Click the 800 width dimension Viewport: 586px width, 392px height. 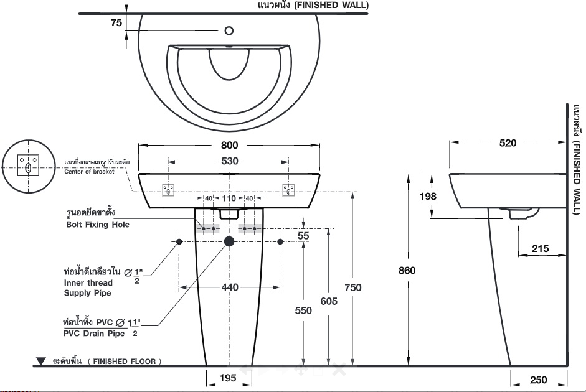[x=229, y=145]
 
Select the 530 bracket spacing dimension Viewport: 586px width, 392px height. [x=229, y=161]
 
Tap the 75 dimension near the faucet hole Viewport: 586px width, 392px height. [x=116, y=23]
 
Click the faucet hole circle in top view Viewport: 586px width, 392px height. [x=229, y=30]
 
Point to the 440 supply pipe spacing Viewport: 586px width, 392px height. [x=230, y=287]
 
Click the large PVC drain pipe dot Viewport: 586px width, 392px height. [x=229, y=241]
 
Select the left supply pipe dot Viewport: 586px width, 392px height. [x=179, y=241]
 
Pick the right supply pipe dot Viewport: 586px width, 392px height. [x=280, y=241]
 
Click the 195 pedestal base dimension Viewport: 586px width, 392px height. [x=227, y=378]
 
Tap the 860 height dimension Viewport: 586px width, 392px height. [x=407, y=270]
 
